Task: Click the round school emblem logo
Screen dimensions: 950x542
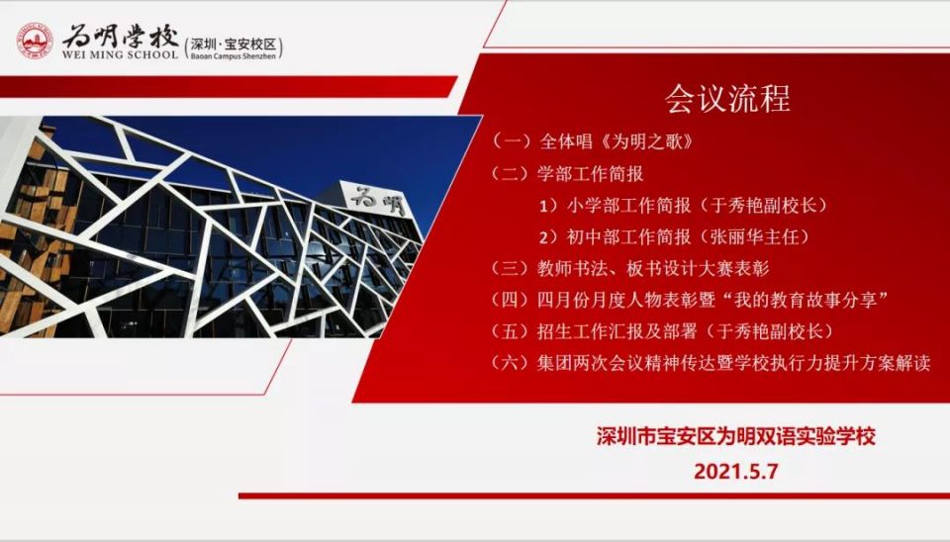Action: click(36, 41)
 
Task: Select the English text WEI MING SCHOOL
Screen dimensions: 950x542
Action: click(120, 54)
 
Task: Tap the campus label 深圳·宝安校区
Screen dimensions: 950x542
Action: click(234, 45)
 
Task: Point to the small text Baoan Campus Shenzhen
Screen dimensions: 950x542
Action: click(234, 55)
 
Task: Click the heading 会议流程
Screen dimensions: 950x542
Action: click(727, 98)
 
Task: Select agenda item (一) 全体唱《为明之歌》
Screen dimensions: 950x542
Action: click(592, 141)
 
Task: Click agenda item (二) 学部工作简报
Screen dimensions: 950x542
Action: click(567, 174)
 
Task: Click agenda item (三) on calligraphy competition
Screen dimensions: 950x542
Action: click(630, 268)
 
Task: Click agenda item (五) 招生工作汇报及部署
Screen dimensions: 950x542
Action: click(662, 331)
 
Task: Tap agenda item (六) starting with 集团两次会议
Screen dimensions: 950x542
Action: click(711, 363)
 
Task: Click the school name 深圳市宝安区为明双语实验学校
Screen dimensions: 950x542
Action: click(735, 436)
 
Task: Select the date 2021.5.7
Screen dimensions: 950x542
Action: click(735, 471)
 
